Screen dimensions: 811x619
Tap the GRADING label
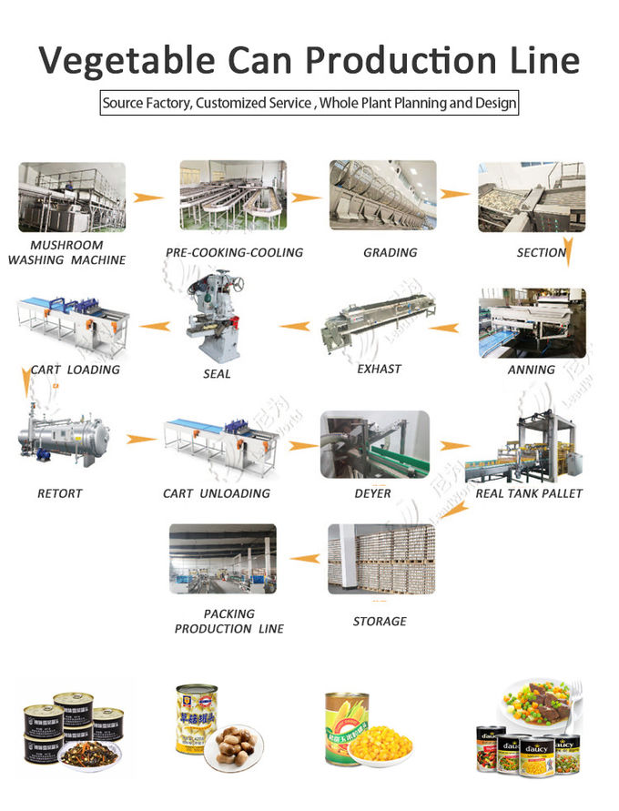390,252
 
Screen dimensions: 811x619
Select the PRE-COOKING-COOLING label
234,252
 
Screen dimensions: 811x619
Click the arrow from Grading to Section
456,194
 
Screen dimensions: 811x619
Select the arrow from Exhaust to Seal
294,325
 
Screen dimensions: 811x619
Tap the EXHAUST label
380,369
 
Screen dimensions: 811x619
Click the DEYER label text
372,493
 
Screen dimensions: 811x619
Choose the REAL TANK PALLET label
528,493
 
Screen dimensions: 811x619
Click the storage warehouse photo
381,557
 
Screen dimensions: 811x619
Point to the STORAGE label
380,621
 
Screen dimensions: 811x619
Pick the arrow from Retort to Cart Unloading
141,440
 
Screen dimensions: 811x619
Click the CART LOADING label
75,370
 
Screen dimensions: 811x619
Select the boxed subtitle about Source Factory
309,103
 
